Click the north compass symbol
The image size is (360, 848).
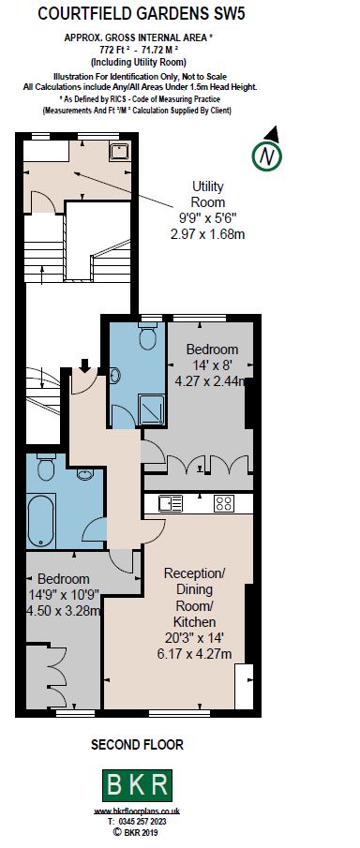[269, 155]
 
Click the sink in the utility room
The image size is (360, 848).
[119, 150]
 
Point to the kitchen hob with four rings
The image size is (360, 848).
[224, 503]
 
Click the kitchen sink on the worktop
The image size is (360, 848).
[171, 503]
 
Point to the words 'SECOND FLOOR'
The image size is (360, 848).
[137, 745]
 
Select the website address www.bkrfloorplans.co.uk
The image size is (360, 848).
[137, 811]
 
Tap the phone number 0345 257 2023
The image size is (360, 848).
[137, 821]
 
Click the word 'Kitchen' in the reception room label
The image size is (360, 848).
[195, 622]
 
